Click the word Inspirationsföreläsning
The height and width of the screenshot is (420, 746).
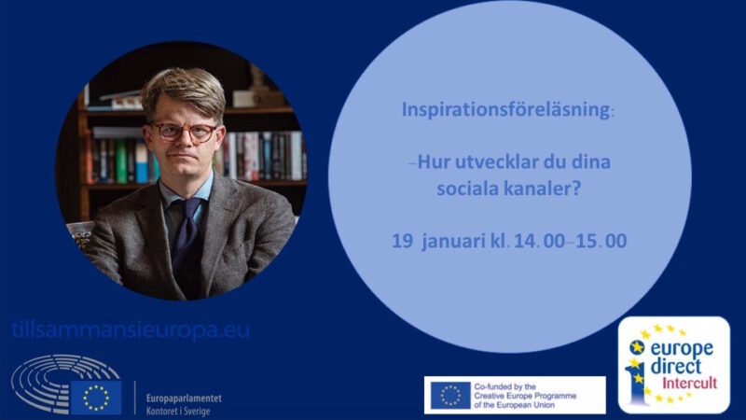pyautogui.click(x=505, y=109)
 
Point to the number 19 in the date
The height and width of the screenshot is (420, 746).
pyautogui.click(x=402, y=241)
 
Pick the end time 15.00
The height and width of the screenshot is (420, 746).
pyautogui.click(x=601, y=241)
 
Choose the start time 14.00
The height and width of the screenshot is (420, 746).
pyautogui.click(x=539, y=241)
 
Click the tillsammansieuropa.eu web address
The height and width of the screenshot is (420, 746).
pyautogui.click(x=131, y=330)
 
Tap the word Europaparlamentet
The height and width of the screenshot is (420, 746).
pyautogui.click(x=184, y=399)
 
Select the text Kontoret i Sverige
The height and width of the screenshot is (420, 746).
pyautogui.click(x=178, y=411)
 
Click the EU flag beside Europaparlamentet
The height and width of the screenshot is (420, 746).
pyautogui.click(x=96, y=398)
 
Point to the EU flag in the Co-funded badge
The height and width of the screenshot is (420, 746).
pyautogui.click(x=450, y=395)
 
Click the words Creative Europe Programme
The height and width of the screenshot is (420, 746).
pyautogui.click(x=525, y=396)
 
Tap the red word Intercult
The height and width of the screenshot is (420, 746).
pyautogui.click(x=689, y=383)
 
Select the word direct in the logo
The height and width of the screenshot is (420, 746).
pyautogui.click(x=675, y=366)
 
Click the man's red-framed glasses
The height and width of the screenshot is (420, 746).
pyautogui.click(x=184, y=132)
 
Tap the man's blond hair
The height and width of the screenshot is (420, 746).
pyautogui.click(x=183, y=91)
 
